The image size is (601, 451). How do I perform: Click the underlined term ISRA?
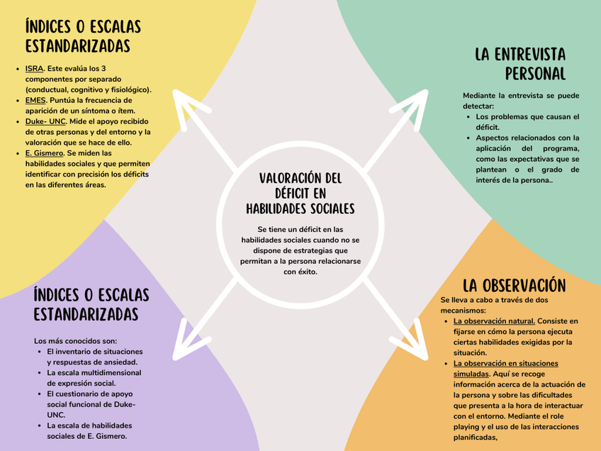point(34,69)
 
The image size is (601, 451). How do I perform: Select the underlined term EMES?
point(35,101)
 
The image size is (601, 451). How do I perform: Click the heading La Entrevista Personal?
point(520,64)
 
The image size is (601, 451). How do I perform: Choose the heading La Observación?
point(514,286)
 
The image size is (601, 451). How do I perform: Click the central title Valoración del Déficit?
point(300,193)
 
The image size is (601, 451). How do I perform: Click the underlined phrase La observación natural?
point(494,321)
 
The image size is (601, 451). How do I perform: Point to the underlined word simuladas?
point(471,374)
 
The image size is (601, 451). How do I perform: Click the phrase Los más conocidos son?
point(76,340)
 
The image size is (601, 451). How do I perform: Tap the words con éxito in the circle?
point(300,272)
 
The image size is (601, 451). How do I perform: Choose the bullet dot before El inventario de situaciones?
point(39,352)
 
